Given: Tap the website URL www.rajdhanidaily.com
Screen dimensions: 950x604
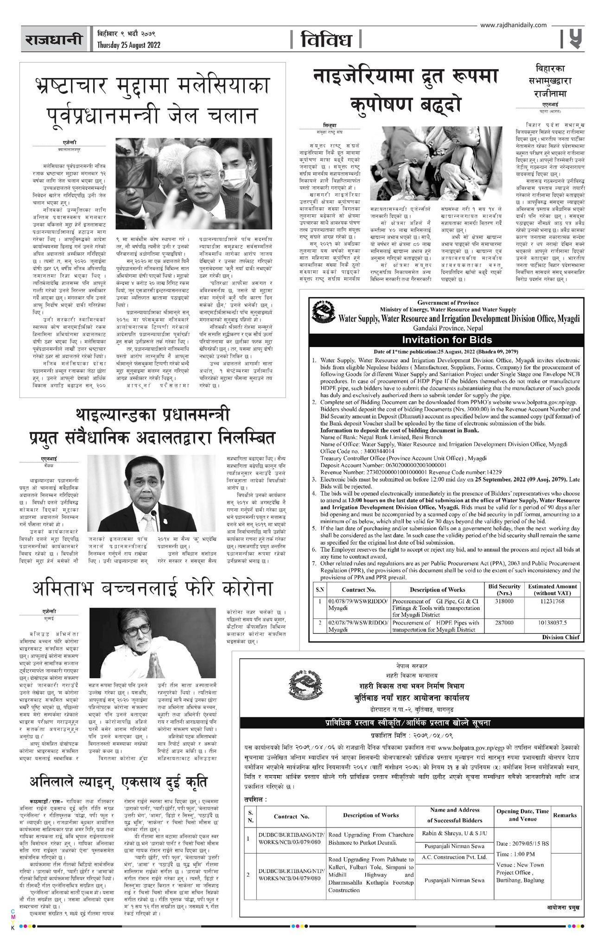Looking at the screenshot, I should (x=507, y=26).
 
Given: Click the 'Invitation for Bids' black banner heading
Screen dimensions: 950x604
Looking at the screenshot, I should (x=447, y=339).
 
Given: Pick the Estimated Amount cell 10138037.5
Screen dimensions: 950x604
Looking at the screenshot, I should (x=553, y=623).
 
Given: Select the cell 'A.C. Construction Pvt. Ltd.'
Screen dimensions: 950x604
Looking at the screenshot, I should (x=454, y=858).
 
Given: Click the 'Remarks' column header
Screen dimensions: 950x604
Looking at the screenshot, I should (x=565, y=815).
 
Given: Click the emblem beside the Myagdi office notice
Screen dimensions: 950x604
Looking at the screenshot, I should (x=323, y=310).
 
